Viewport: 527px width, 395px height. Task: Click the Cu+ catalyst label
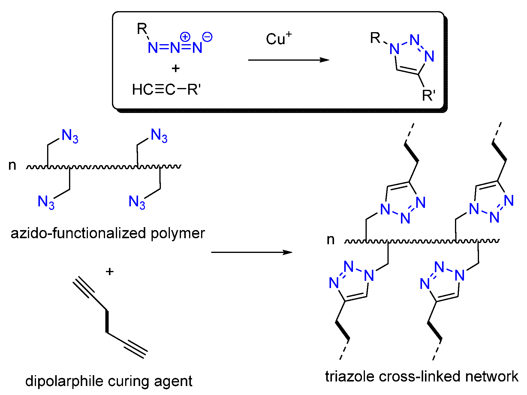pyautogui.click(x=278, y=39)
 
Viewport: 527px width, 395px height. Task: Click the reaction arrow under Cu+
pyautogui.click(x=288, y=60)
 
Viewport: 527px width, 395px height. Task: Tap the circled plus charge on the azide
pyautogui.click(x=185, y=37)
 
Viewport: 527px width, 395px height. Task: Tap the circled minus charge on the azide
pyautogui.click(x=207, y=37)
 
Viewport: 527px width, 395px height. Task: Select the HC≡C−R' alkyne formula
pyautogui.click(x=166, y=90)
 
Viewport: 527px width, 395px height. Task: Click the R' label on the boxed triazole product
pyautogui.click(x=428, y=96)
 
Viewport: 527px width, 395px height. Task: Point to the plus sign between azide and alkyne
pyautogui.click(x=176, y=69)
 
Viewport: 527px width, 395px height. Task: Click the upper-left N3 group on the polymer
pyautogui.click(x=70, y=136)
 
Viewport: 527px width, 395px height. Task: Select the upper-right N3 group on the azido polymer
pyautogui.click(x=159, y=135)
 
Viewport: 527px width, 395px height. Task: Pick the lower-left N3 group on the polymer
pyautogui.click(x=46, y=202)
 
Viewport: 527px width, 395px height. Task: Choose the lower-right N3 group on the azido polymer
pyautogui.click(x=137, y=202)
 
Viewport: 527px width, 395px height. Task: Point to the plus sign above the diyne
pyautogui.click(x=110, y=272)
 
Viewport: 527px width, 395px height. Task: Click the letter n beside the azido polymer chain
pyautogui.click(x=12, y=166)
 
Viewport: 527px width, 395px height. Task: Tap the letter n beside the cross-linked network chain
pyautogui.click(x=330, y=240)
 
